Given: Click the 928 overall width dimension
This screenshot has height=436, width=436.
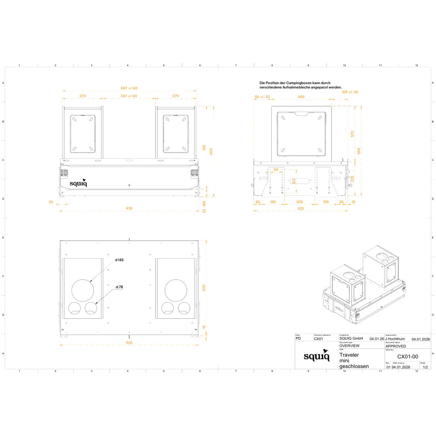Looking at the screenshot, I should pos(129,208).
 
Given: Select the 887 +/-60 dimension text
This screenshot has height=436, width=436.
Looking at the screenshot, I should pos(129,88).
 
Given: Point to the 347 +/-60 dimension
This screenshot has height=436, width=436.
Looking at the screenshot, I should pos(129,96).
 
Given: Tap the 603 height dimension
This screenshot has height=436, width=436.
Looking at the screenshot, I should pos(211,151).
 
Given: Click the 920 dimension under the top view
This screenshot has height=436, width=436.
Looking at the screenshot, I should pos(129,343).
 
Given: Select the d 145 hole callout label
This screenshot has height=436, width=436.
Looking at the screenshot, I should pos(119,260).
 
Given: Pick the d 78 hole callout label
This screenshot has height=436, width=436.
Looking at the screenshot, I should pos(119,287).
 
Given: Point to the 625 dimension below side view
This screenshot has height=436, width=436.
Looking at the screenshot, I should pos(301,208).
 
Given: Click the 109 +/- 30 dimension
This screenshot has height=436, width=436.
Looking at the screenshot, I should pos(350,92).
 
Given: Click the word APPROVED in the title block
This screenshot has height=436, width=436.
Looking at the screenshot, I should pos(395,346).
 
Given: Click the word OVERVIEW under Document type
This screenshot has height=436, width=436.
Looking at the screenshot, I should pos(349,345).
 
